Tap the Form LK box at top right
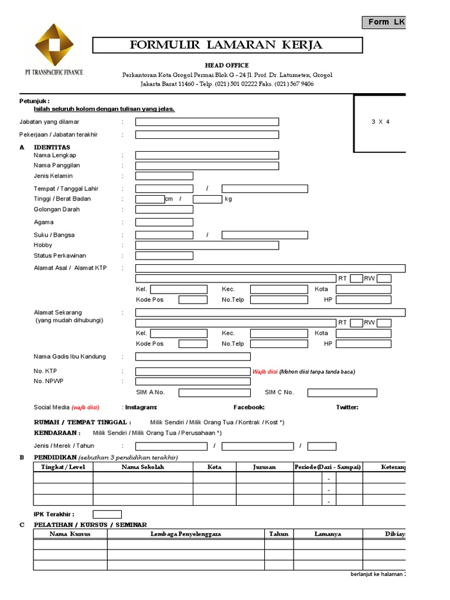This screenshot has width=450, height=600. pyautogui.click(x=384, y=22)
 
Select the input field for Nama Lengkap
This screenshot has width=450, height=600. pyautogui.click(x=207, y=155)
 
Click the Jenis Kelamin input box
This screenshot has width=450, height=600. pyautogui.click(x=164, y=176)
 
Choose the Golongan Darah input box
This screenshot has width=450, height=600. pyautogui.click(x=164, y=209)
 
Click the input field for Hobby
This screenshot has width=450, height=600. pyautogui.click(x=207, y=245)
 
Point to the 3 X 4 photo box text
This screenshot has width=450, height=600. pyautogui.click(x=380, y=122)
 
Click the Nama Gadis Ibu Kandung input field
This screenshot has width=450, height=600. pyautogui.click(x=193, y=356)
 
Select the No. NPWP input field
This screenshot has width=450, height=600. pyautogui.click(x=193, y=381)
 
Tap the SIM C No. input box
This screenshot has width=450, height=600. pyautogui.click(x=342, y=393)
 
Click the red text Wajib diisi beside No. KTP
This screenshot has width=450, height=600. pyautogui.click(x=264, y=371)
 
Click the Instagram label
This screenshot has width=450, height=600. pyautogui.click(x=141, y=407)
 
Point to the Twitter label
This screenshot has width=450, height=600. pyautogui.click(x=347, y=407)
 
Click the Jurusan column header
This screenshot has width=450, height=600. pyautogui.click(x=264, y=467)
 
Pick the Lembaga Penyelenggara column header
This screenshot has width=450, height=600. pyautogui.click(x=186, y=534)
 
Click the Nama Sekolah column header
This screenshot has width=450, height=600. pyautogui.click(x=143, y=467)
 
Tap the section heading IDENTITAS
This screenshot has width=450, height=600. pyautogui.click(x=52, y=146)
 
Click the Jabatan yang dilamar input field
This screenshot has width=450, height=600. pyautogui.click(x=207, y=122)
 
